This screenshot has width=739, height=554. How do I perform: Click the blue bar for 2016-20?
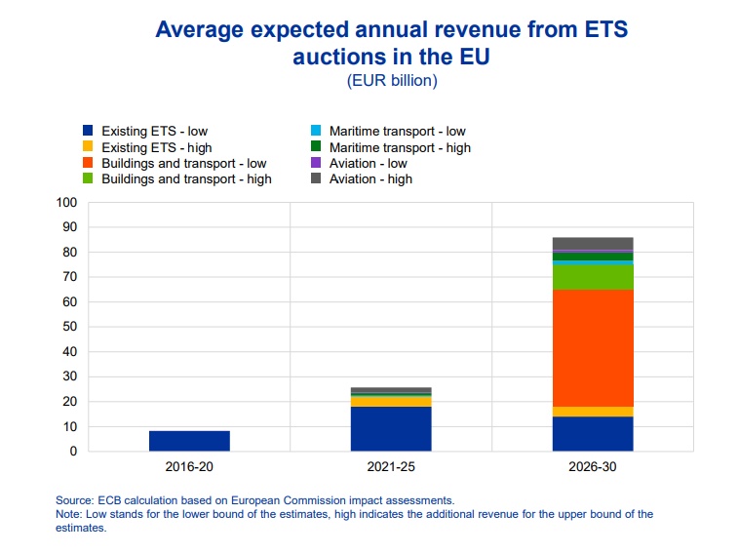189,441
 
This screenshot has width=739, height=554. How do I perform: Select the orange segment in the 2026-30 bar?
593,347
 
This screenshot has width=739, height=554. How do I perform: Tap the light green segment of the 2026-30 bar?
593,277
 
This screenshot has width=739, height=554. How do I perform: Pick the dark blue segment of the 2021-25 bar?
391,428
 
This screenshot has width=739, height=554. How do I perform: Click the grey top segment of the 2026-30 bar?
593,244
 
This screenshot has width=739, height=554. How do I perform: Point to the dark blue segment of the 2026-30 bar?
593,433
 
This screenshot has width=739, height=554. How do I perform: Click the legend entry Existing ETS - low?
154,131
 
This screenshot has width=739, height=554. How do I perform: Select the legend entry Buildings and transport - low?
183,163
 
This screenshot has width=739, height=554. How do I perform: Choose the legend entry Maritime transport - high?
400,147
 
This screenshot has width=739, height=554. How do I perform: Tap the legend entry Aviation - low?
368,163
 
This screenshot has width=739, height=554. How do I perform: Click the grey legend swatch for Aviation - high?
315,179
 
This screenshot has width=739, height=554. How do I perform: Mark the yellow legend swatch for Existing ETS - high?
88,147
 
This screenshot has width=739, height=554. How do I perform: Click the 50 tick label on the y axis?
68,327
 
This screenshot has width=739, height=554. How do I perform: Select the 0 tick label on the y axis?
71,452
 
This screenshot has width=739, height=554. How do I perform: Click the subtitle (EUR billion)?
392,81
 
